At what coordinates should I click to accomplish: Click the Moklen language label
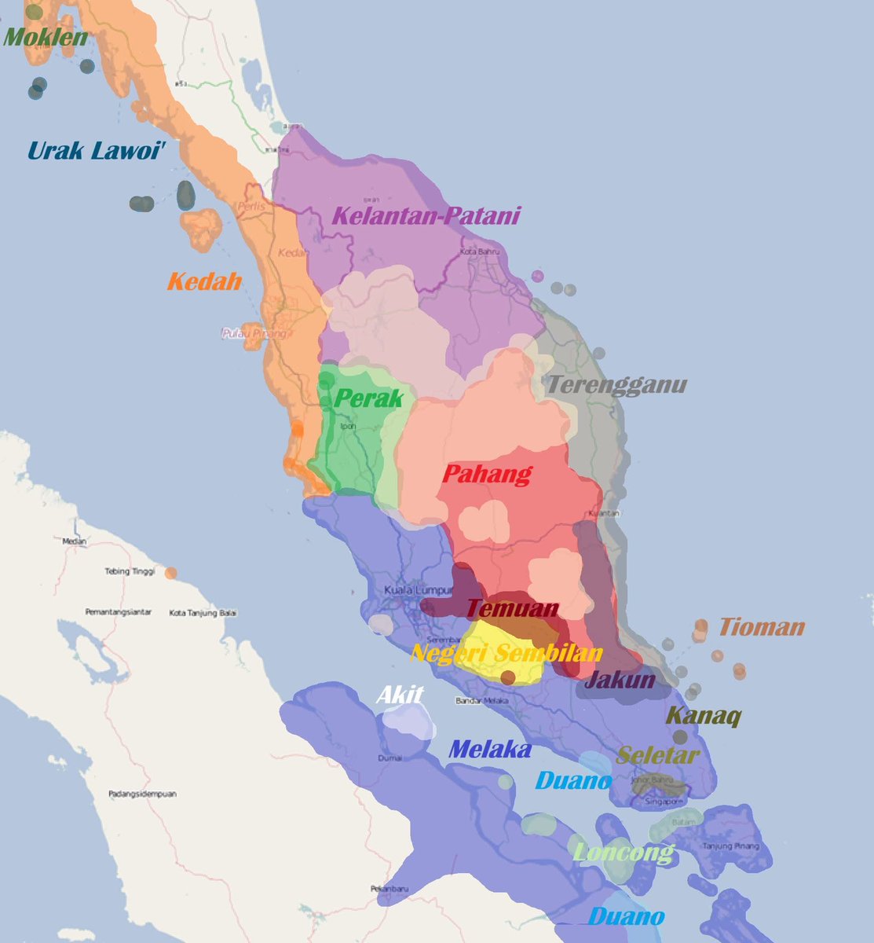[46, 36]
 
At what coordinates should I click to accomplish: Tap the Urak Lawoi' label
[97, 150]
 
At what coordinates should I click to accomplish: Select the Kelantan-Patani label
[426, 215]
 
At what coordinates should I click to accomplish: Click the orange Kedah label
[204, 281]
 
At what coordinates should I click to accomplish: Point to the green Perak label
[368, 398]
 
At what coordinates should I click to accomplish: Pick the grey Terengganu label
[616, 385]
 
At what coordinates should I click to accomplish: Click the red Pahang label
[487, 474]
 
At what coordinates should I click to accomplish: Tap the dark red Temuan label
[513, 607]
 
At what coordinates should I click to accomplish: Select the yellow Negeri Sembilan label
[506, 653]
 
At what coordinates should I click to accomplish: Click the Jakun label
[620, 679]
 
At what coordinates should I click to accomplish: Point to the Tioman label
[762, 627]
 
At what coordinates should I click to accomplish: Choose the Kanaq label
[703, 716]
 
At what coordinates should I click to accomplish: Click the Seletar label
[657, 756]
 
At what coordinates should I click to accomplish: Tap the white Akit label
[400, 695]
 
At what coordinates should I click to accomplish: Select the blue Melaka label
[489, 750]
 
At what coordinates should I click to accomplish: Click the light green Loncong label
[624, 852]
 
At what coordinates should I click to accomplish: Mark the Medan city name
[75, 541]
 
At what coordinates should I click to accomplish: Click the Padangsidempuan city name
[142, 794]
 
